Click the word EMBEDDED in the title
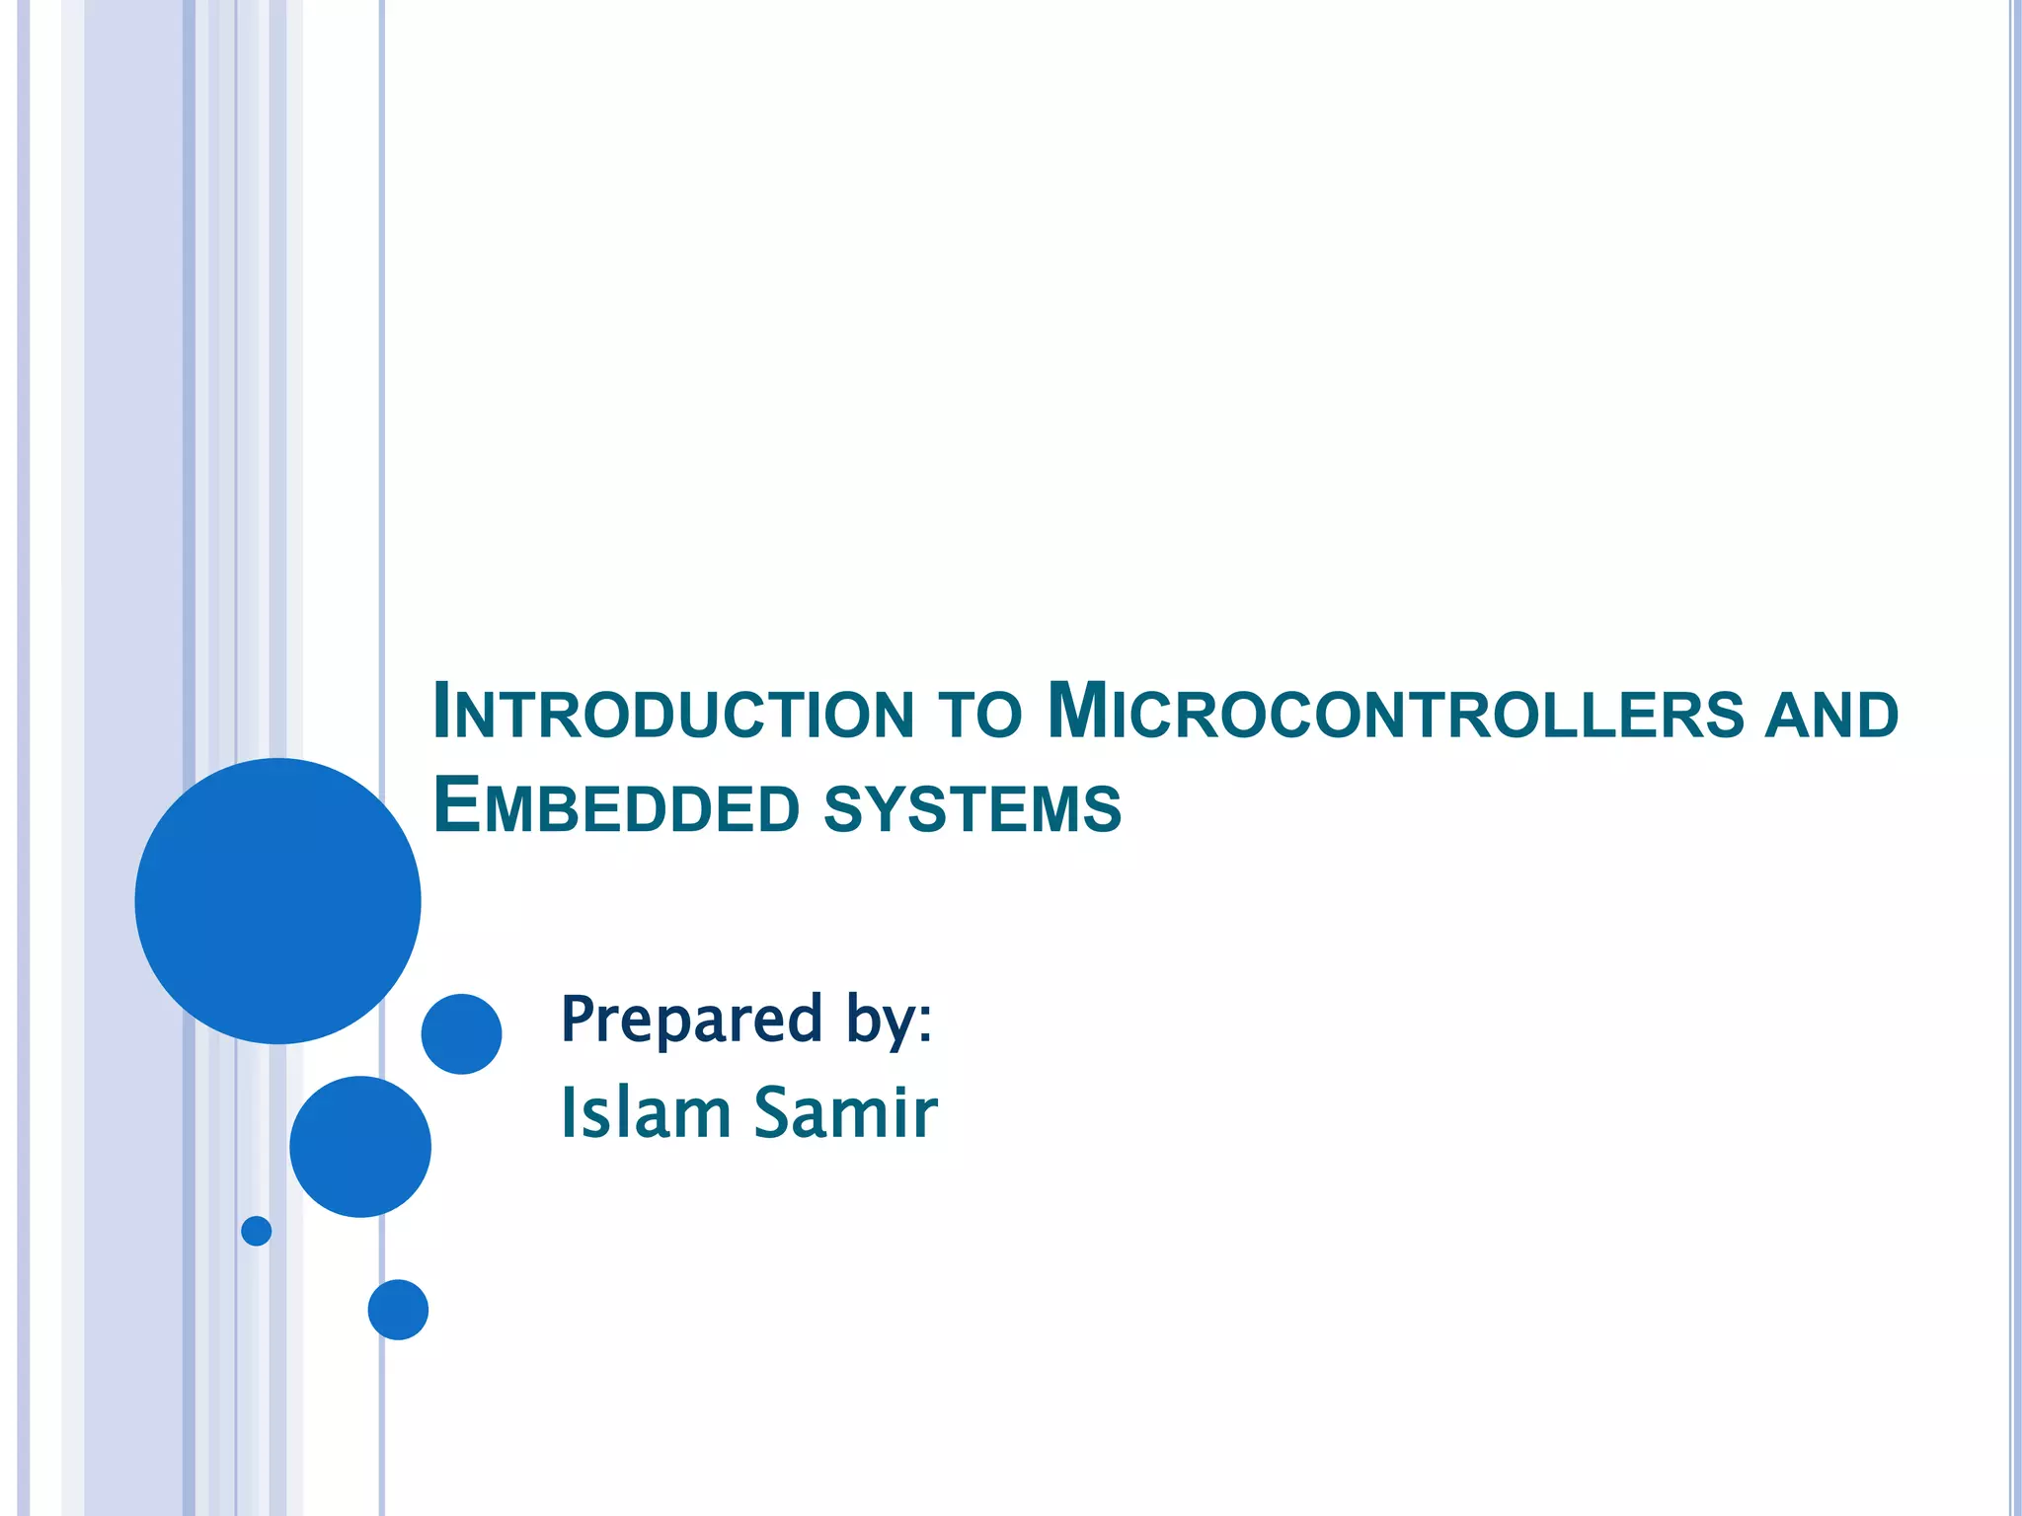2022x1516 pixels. click(616, 807)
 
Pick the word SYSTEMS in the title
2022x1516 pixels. click(972, 808)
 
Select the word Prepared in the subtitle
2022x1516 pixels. click(690, 1019)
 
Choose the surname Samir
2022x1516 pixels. click(845, 1112)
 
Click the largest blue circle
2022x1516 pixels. click(277, 901)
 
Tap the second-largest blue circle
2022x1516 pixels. click(360, 1147)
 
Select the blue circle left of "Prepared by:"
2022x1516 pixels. click(461, 1034)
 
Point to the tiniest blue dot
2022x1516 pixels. click(257, 1231)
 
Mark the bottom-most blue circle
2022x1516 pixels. click(398, 1310)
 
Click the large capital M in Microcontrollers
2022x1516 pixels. click(1075, 710)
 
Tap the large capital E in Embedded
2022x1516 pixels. click(456, 804)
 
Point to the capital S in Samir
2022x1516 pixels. click(776, 1112)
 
